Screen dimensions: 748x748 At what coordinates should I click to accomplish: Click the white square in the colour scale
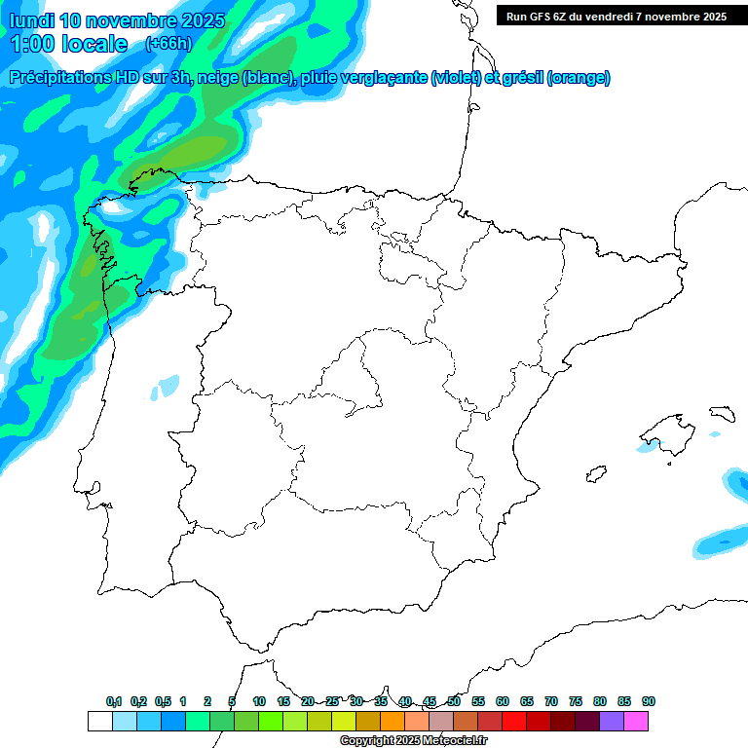(x=99, y=721)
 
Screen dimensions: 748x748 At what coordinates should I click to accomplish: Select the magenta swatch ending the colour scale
(x=636, y=721)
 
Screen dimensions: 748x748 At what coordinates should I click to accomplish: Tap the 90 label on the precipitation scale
(x=649, y=701)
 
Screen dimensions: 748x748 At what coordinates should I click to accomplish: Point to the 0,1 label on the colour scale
(x=114, y=701)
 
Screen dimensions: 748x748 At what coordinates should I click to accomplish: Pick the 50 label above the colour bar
(x=454, y=701)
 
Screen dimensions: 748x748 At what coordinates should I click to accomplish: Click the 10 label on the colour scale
(x=259, y=701)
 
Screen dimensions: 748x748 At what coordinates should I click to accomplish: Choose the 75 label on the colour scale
(x=576, y=701)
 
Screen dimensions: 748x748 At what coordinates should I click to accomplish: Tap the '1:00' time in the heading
(x=33, y=44)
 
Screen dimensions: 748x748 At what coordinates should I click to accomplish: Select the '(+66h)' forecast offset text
(x=168, y=44)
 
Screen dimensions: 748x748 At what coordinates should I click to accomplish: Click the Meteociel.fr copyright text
(x=413, y=741)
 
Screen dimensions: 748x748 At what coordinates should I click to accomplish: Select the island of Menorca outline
(x=721, y=414)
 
